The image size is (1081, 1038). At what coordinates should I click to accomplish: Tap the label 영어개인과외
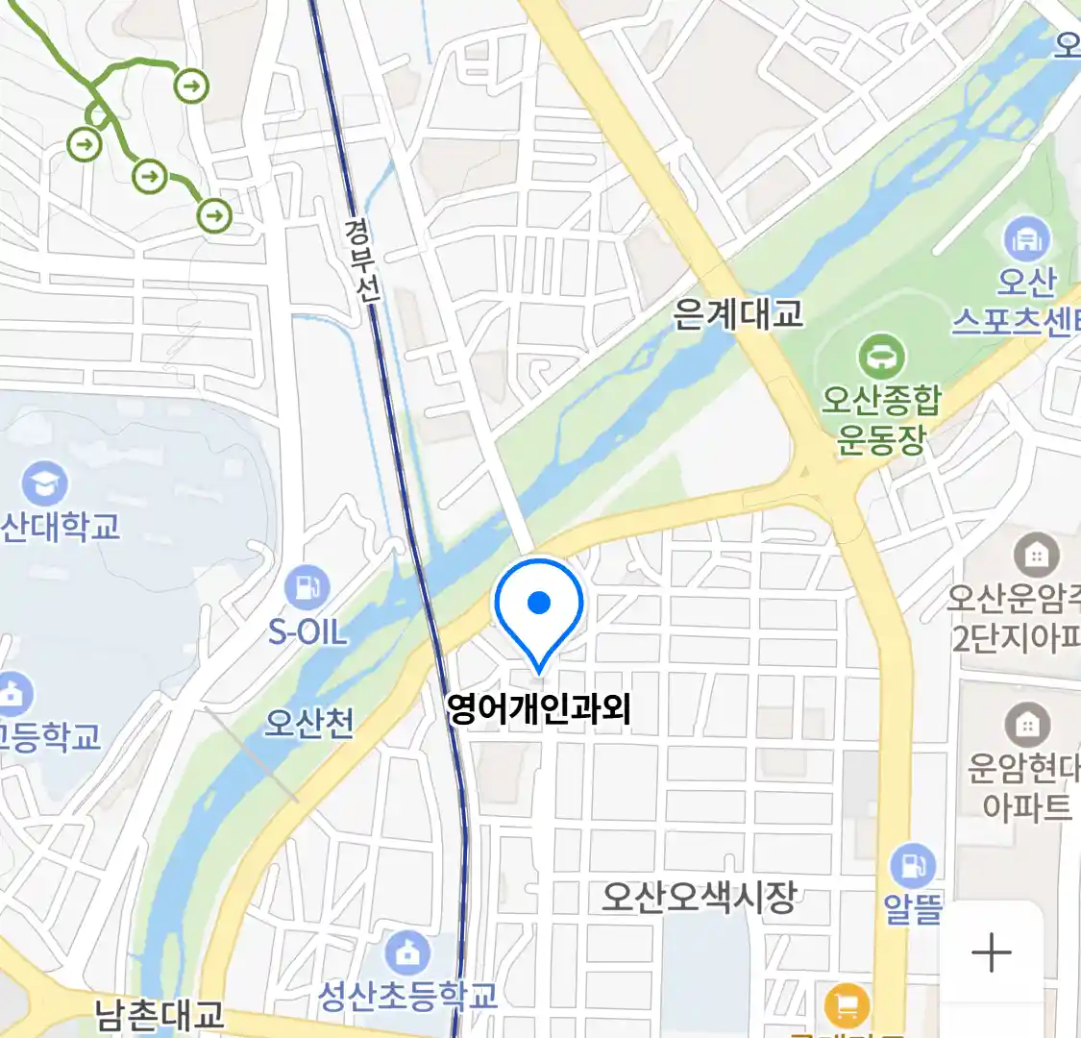coord(539,709)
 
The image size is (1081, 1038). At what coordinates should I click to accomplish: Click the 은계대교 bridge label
coord(738,314)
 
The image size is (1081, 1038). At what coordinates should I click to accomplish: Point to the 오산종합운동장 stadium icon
coord(879,358)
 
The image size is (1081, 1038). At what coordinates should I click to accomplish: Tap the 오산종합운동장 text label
coord(881,419)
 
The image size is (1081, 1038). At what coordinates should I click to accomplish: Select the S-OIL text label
coord(307,632)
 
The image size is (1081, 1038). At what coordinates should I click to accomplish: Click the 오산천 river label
coord(309,722)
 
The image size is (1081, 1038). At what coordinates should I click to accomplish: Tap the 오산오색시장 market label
coord(699,897)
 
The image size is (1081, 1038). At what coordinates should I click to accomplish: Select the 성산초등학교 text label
coord(408,995)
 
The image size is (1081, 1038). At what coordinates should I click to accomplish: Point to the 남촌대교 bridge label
coord(160,1015)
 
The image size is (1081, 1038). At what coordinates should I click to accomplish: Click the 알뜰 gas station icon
coord(912,865)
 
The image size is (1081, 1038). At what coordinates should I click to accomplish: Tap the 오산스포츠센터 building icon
coord(1026,238)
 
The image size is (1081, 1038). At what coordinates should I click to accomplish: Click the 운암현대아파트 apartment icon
coord(1026,725)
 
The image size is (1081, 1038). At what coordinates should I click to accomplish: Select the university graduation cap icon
coord(44,483)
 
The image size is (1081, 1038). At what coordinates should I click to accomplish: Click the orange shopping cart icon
coord(847,1006)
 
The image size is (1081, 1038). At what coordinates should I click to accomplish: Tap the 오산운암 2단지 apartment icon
coord(1037,555)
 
